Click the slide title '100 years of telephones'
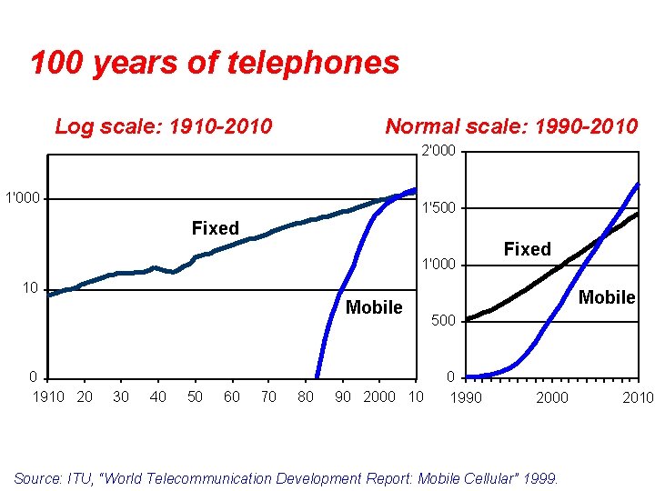(x=215, y=63)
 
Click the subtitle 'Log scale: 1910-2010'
(x=164, y=126)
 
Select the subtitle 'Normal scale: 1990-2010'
(x=511, y=126)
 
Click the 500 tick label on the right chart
(x=443, y=321)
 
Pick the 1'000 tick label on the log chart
(x=22, y=198)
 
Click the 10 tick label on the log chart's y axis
(x=30, y=288)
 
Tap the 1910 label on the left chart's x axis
(x=49, y=396)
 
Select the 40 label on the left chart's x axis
(x=158, y=396)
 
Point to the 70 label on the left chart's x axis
(x=268, y=396)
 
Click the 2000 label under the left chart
(x=379, y=396)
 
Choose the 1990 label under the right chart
(x=467, y=397)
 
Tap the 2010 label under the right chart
(x=638, y=397)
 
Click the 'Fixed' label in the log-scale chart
(x=216, y=228)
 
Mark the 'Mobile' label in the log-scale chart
(x=374, y=307)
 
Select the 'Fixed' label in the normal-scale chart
(x=528, y=249)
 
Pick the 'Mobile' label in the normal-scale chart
(x=607, y=297)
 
